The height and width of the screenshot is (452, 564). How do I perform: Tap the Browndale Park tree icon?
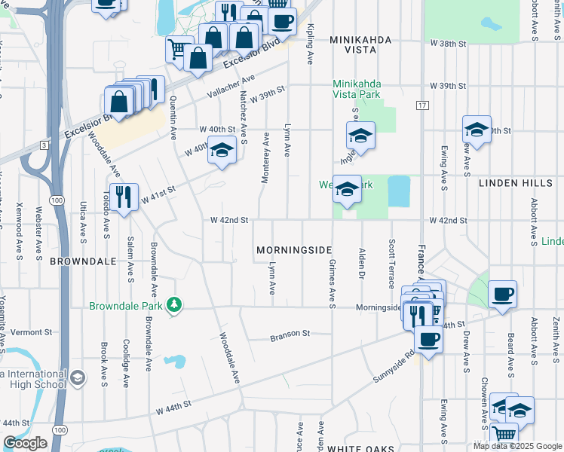[x=175, y=305]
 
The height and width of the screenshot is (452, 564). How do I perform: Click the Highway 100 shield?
[x=57, y=199]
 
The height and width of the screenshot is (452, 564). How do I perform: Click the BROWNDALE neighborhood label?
[x=83, y=261]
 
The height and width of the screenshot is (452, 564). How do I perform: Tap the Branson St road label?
[x=290, y=334]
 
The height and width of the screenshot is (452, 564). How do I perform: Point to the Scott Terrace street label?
[x=391, y=264]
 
